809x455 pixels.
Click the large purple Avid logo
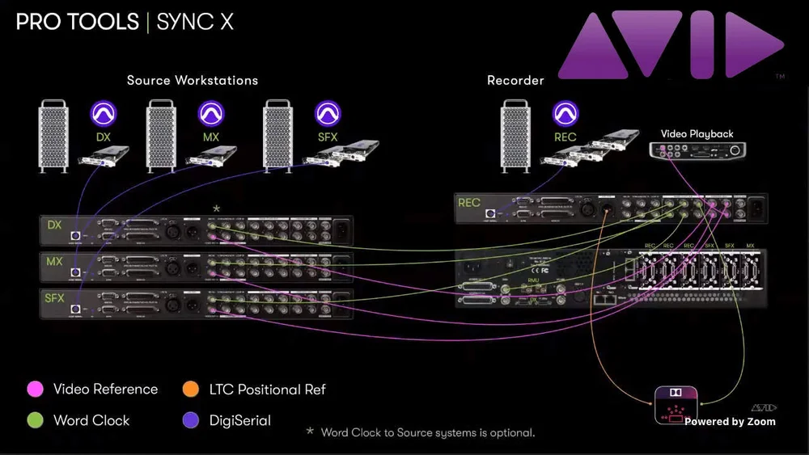tap(671, 45)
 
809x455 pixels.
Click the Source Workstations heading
tap(193, 80)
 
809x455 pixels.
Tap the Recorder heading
tap(515, 80)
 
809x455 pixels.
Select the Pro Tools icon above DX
tap(103, 112)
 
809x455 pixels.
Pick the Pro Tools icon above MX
tap(211, 112)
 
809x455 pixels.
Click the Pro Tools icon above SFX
tap(327, 112)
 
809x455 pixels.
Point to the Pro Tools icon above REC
tap(565, 112)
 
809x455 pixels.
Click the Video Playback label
tap(697, 133)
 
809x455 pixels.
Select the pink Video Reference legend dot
tap(34, 390)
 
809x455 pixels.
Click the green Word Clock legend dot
tap(34, 420)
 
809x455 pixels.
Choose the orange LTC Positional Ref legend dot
tap(191, 390)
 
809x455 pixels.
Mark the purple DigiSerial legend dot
tap(191, 420)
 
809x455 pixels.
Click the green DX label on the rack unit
tap(55, 225)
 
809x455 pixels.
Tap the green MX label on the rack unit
tap(55, 262)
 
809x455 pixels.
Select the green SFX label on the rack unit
tap(55, 298)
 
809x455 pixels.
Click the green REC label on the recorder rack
tap(469, 202)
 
